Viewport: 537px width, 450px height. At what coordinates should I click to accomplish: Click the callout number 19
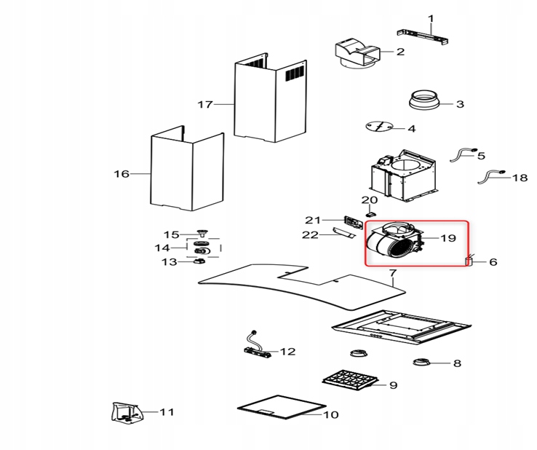[447, 238]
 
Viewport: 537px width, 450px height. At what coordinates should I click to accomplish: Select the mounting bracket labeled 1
[425, 35]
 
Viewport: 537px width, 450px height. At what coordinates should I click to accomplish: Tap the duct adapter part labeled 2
[357, 54]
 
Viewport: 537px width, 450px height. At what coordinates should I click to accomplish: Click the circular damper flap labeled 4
[380, 127]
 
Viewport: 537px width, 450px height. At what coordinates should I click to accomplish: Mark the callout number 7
[392, 274]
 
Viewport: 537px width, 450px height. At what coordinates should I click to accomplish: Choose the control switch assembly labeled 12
[258, 350]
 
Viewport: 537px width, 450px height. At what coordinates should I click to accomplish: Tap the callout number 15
[171, 234]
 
